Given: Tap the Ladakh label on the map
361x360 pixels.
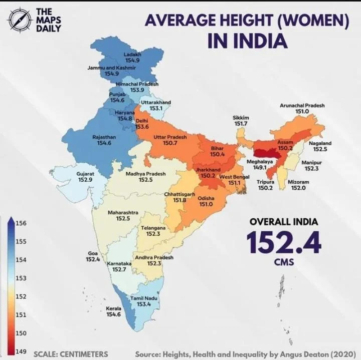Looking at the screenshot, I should tap(132, 54).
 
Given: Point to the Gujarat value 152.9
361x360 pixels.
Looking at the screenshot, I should tap(85, 179).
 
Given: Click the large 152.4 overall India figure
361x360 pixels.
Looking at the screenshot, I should tap(283, 241).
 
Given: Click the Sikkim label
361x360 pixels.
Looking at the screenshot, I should tap(241, 118).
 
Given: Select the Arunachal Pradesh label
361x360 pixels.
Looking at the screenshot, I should tap(302, 106).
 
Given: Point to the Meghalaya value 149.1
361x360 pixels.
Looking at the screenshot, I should tap(260, 168).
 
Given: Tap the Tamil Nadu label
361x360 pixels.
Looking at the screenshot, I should tap(144, 298).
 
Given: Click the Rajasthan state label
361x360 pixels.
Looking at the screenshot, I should tap(104, 137).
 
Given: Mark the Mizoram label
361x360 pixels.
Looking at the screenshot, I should tap(298, 182).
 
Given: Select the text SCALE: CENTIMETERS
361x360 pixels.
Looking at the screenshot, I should tap(71, 353).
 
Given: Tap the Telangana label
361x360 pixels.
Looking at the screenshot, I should tap(153, 228).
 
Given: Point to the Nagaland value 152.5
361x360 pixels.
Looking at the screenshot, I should tap(320, 149).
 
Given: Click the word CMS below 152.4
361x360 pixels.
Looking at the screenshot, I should tap(284, 261).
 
